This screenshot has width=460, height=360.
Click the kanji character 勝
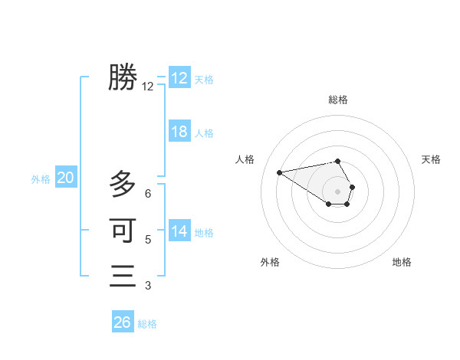(123, 77)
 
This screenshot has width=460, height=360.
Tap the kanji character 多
(123, 185)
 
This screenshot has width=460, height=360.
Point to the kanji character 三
(123, 275)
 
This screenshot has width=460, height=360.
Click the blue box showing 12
(179, 78)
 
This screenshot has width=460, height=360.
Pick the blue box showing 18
(179, 132)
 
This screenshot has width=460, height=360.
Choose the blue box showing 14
(179, 231)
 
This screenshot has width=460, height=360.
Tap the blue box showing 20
(65, 178)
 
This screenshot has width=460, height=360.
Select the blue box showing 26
(123, 322)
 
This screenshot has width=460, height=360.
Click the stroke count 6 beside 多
(148, 194)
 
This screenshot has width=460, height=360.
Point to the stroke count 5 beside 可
(148, 240)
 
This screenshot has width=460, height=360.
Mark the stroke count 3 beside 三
(148, 286)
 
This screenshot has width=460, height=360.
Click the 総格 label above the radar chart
(338, 100)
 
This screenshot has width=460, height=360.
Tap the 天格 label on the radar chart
(431, 159)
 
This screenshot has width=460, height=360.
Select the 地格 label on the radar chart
(402, 262)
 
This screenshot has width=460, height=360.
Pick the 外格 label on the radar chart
(270, 262)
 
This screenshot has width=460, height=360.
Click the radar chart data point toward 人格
(279, 172)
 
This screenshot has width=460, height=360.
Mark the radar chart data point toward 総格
(338, 162)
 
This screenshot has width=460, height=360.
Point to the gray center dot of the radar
(338, 191)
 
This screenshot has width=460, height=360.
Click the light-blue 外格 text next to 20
(41, 179)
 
